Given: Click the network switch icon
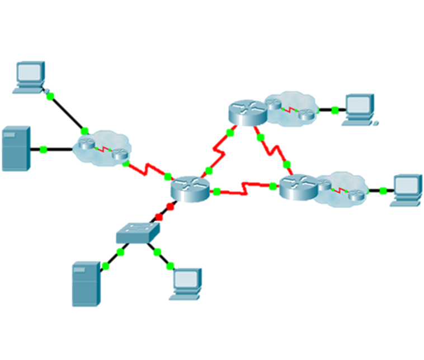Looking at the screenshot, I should pyautogui.click(x=138, y=232).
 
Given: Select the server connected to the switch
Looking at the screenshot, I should pyautogui.click(x=86, y=283).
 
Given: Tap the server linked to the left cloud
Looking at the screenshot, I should pyautogui.click(x=15, y=149).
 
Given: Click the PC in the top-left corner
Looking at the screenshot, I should pyautogui.click(x=30, y=77).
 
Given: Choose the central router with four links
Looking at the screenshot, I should pyautogui.click(x=189, y=188).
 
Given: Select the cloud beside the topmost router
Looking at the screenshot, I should pyautogui.click(x=289, y=109).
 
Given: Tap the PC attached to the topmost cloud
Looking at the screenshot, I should pyautogui.click(x=359, y=109).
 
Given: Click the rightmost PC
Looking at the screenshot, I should pyautogui.click(x=407, y=190).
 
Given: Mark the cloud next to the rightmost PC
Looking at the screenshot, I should pyautogui.click(x=343, y=190).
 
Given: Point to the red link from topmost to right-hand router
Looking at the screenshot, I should pyautogui.click(x=272, y=149).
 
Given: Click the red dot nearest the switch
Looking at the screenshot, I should pyautogui.click(x=158, y=216).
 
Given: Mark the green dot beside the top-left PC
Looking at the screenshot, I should pyautogui.click(x=50, y=97).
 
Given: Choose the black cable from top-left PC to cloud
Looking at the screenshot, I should pyautogui.click(x=67, y=113).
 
